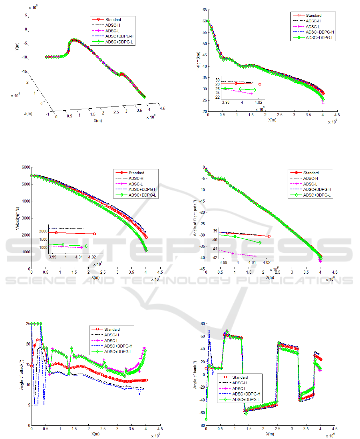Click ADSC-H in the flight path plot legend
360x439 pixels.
tap(311, 178)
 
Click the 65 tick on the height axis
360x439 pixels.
tap(204, 10)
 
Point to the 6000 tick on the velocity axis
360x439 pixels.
tap(25, 167)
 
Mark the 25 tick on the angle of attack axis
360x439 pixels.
tap(26, 324)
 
